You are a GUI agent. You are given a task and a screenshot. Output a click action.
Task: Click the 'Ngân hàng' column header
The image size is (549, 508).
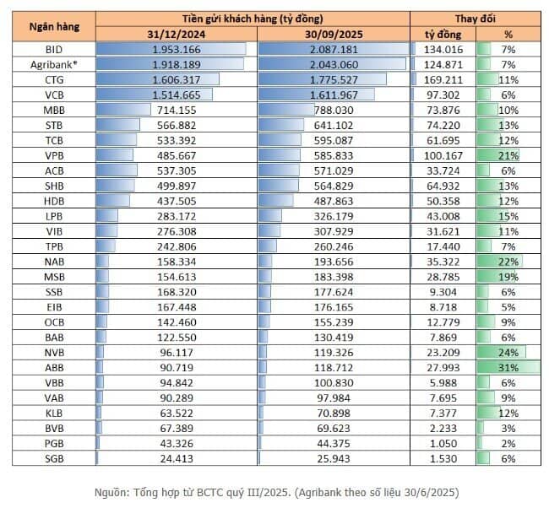click(x=54, y=26)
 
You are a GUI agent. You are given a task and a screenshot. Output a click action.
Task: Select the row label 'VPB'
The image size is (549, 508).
click(x=54, y=155)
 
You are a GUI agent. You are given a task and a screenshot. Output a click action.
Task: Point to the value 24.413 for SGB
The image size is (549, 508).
click(x=200, y=458)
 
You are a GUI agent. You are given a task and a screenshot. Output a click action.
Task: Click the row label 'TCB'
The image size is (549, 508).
click(x=54, y=140)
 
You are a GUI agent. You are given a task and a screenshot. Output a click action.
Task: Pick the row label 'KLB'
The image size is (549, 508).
click(x=54, y=413)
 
